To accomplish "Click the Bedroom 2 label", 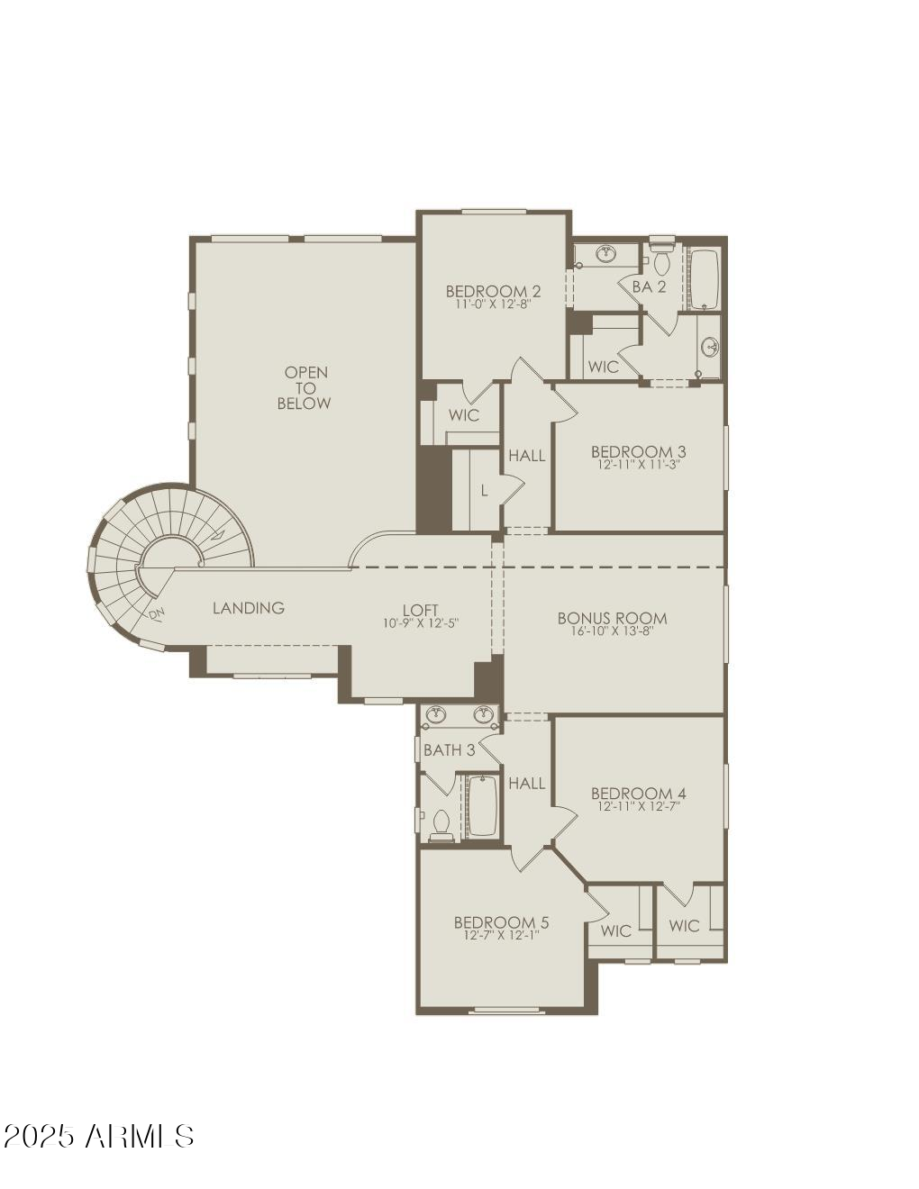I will (x=493, y=291).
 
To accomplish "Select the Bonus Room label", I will (x=612, y=618).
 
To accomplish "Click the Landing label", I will (x=249, y=608).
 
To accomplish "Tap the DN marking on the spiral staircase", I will (x=157, y=614).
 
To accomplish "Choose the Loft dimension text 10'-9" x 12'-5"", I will (x=421, y=623).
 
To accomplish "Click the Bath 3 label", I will (x=449, y=749).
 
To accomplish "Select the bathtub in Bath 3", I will (x=483, y=806).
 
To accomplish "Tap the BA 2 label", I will (x=649, y=286).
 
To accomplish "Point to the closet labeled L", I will (x=484, y=491).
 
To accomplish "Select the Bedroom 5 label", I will (x=501, y=922).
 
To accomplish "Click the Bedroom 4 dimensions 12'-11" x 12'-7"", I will (x=638, y=807).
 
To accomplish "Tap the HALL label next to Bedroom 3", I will (x=526, y=456).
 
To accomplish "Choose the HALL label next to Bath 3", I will (x=526, y=784).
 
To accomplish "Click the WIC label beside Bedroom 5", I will (x=616, y=930).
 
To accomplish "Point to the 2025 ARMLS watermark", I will (x=99, y=1136).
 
